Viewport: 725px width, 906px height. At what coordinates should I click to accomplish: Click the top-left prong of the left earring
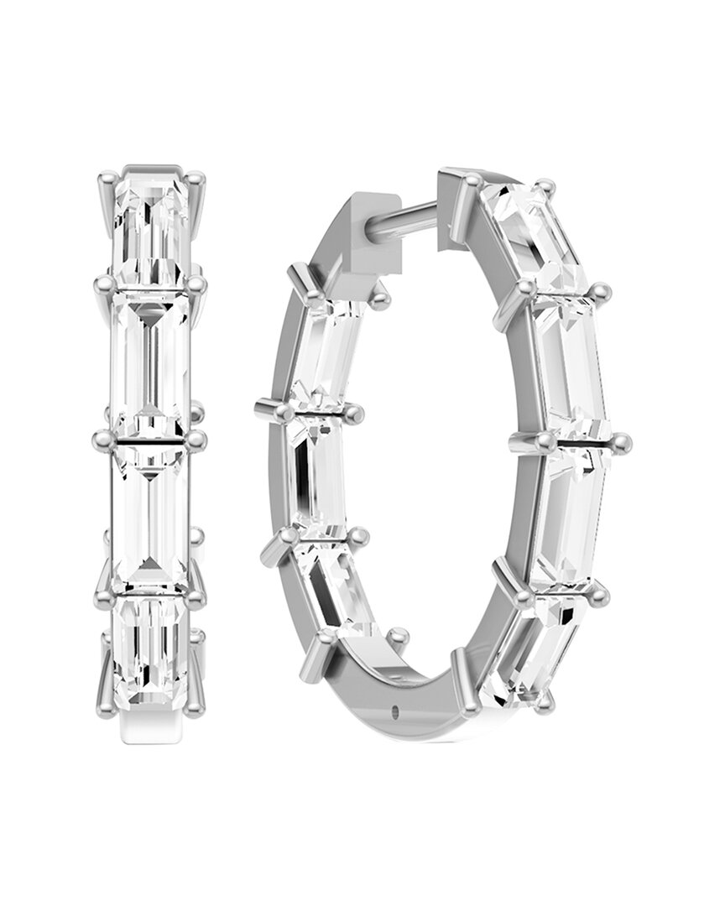point(106,179)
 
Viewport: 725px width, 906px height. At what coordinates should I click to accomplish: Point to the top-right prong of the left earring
point(197,178)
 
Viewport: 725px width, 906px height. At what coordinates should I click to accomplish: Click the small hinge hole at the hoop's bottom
point(394,712)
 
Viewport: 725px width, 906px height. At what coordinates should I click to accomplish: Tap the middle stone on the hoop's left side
point(316,470)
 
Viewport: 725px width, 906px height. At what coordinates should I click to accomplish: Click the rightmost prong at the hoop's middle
point(621,442)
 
